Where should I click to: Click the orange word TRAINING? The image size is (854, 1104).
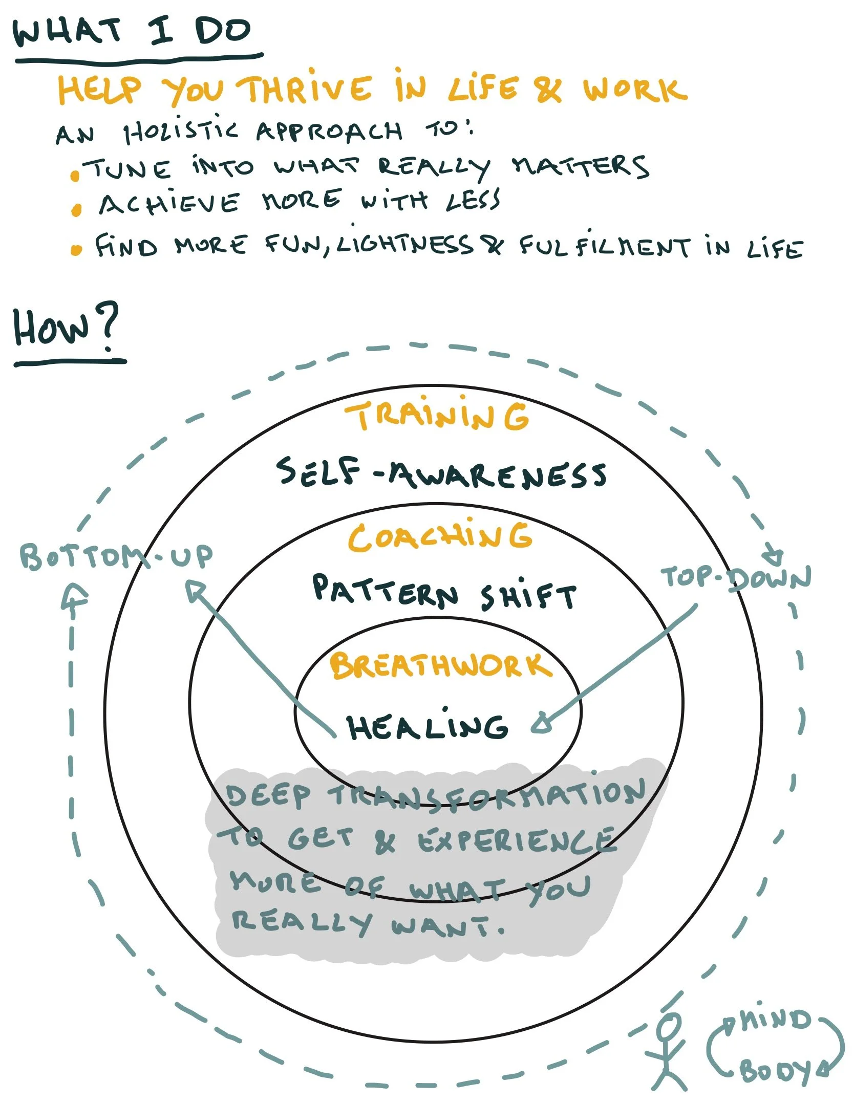tap(437, 416)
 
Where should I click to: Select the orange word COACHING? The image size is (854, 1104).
tap(440, 537)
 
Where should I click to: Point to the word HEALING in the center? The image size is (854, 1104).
tap(428, 727)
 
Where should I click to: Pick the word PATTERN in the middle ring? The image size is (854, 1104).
tap(385, 591)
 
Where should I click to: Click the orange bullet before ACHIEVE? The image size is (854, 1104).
tap(77, 210)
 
